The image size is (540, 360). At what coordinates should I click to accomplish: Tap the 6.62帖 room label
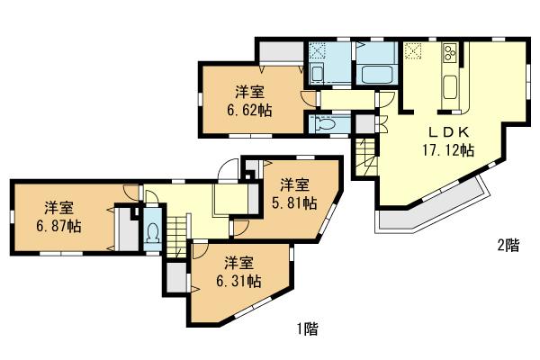[x=249, y=101]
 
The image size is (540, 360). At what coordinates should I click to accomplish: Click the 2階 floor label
[x=508, y=245]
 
